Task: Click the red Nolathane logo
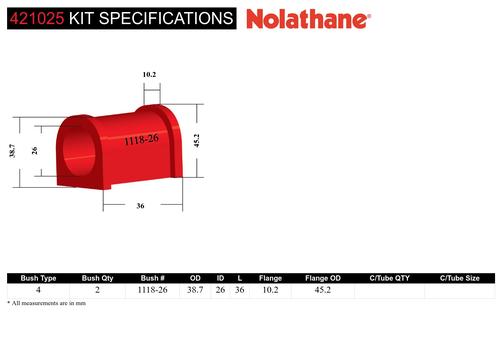point(308,19)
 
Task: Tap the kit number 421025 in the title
point(37,18)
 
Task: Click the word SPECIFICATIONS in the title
point(166,18)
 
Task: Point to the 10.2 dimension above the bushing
point(149,74)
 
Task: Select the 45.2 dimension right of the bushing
point(197,140)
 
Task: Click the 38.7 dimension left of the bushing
point(12,151)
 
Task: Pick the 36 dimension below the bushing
point(140,206)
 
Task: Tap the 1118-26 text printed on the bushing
point(141,140)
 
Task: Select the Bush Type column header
point(38,278)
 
